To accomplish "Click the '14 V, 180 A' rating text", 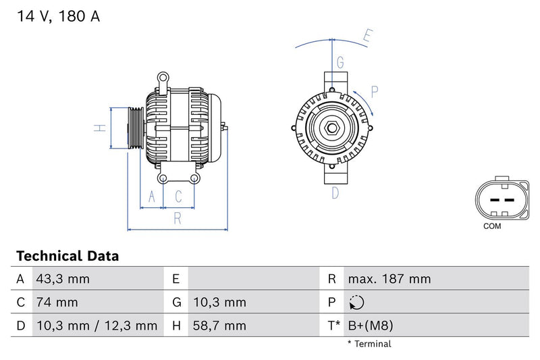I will (x=58, y=17).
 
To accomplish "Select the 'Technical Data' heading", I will (x=67, y=256).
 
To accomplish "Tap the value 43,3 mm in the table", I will (x=61, y=279).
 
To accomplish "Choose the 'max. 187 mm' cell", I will (x=389, y=279).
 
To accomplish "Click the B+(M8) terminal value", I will (x=370, y=326).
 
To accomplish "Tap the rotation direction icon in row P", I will (x=358, y=303).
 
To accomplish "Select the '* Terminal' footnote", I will (x=369, y=344).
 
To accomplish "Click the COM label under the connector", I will (x=492, y=226).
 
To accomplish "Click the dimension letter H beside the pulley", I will (x=98, y=128).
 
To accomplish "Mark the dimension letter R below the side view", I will (x=178, y=217).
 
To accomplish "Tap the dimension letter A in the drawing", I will (x=153, y=197).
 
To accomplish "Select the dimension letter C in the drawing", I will (x=179, y=197).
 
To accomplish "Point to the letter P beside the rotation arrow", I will (x=375, y=91).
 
